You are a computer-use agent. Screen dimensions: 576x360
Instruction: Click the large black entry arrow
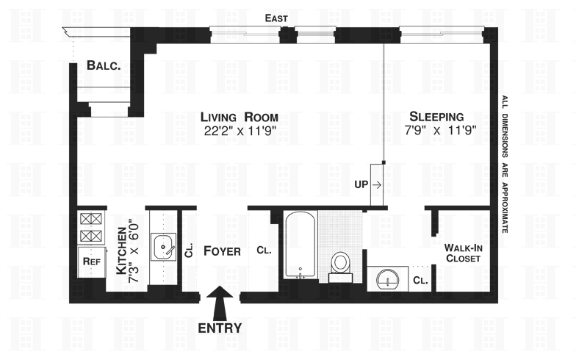coord(220,303)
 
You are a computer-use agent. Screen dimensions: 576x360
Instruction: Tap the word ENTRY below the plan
coord(220,328)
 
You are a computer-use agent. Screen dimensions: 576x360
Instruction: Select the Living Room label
coord(240,118)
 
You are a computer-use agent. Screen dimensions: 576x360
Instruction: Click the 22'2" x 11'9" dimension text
coord(240,131)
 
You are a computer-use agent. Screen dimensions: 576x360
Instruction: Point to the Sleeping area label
coord(436,116)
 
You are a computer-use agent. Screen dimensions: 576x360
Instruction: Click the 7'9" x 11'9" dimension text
coord(441,131)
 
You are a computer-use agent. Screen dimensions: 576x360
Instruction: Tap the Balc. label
coord(104,65)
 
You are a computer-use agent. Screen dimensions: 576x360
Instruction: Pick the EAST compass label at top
coord(276,18)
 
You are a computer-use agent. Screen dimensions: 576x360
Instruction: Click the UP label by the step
coord(361,184)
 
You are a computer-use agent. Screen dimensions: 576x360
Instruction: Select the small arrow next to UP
coord(376,185)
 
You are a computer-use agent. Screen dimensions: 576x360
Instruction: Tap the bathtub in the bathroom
coord(300,245)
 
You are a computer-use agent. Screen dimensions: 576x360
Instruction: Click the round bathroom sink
coord(388,280)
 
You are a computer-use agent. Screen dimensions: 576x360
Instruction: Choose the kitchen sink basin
coord(163,247)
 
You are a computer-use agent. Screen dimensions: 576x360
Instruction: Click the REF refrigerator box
coord(91,262)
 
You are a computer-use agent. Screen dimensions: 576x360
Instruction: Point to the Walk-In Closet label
coord(463,253)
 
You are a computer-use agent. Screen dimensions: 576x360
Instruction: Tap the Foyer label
coord(222,251)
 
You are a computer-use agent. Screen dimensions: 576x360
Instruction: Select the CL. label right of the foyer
coord(264,251)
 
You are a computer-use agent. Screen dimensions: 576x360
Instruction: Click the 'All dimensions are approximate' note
coord(505,165)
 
